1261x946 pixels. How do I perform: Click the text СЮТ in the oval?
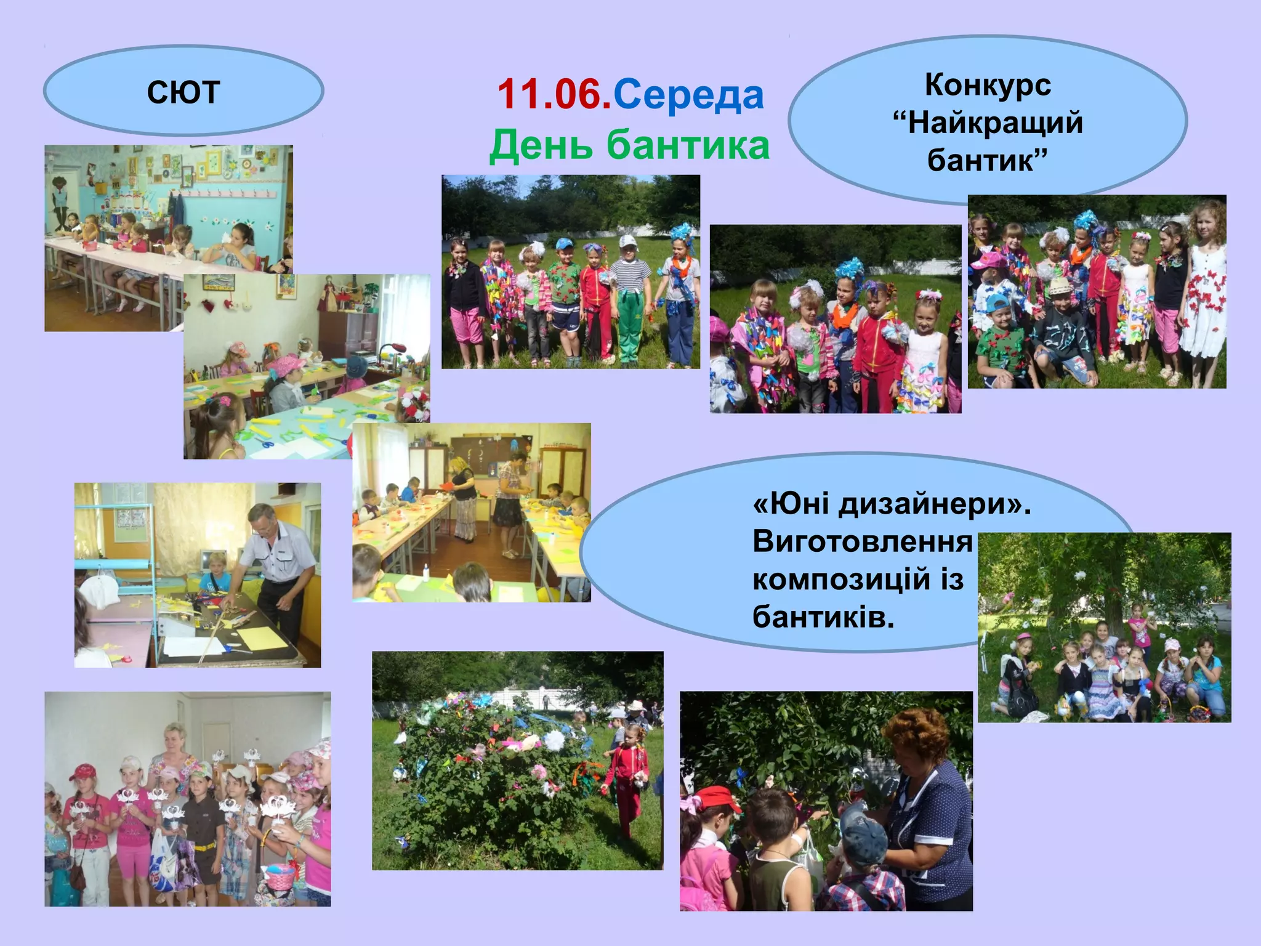click(183, 92)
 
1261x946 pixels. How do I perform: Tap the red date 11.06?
click(554, 95)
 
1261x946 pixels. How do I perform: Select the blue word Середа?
click(688, 95)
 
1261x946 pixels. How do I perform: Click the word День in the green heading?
click(541, 145)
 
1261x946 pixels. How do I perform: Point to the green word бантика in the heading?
click(688, 145)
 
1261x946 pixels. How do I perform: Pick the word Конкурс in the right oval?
click(988, 85)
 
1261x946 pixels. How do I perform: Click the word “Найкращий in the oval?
click(988, 122)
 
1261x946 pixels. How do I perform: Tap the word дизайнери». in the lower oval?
click(935, 504)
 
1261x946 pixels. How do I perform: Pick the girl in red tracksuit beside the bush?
click(628, 776)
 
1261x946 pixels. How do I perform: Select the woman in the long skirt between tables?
click(463, 499)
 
